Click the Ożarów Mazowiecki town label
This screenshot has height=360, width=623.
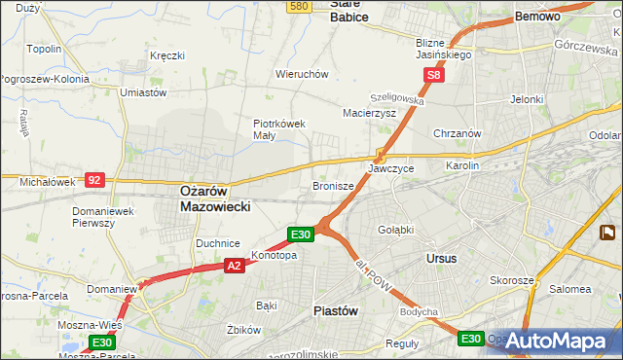tap(216, 199)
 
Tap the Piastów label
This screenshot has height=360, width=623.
tap(337, 310)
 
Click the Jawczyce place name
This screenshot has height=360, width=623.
tap(391, 168)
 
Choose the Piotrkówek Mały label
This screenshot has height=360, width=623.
tap(280, 129)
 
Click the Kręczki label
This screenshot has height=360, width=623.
tap(167, 55)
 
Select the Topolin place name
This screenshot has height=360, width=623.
tap(45, 49)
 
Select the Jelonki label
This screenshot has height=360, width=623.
tap(526, 99)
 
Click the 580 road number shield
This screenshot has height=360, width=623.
tap(299, 6)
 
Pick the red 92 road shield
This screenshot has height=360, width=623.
tap(94, 179)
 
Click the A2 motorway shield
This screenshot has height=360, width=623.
tap(234, 265)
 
